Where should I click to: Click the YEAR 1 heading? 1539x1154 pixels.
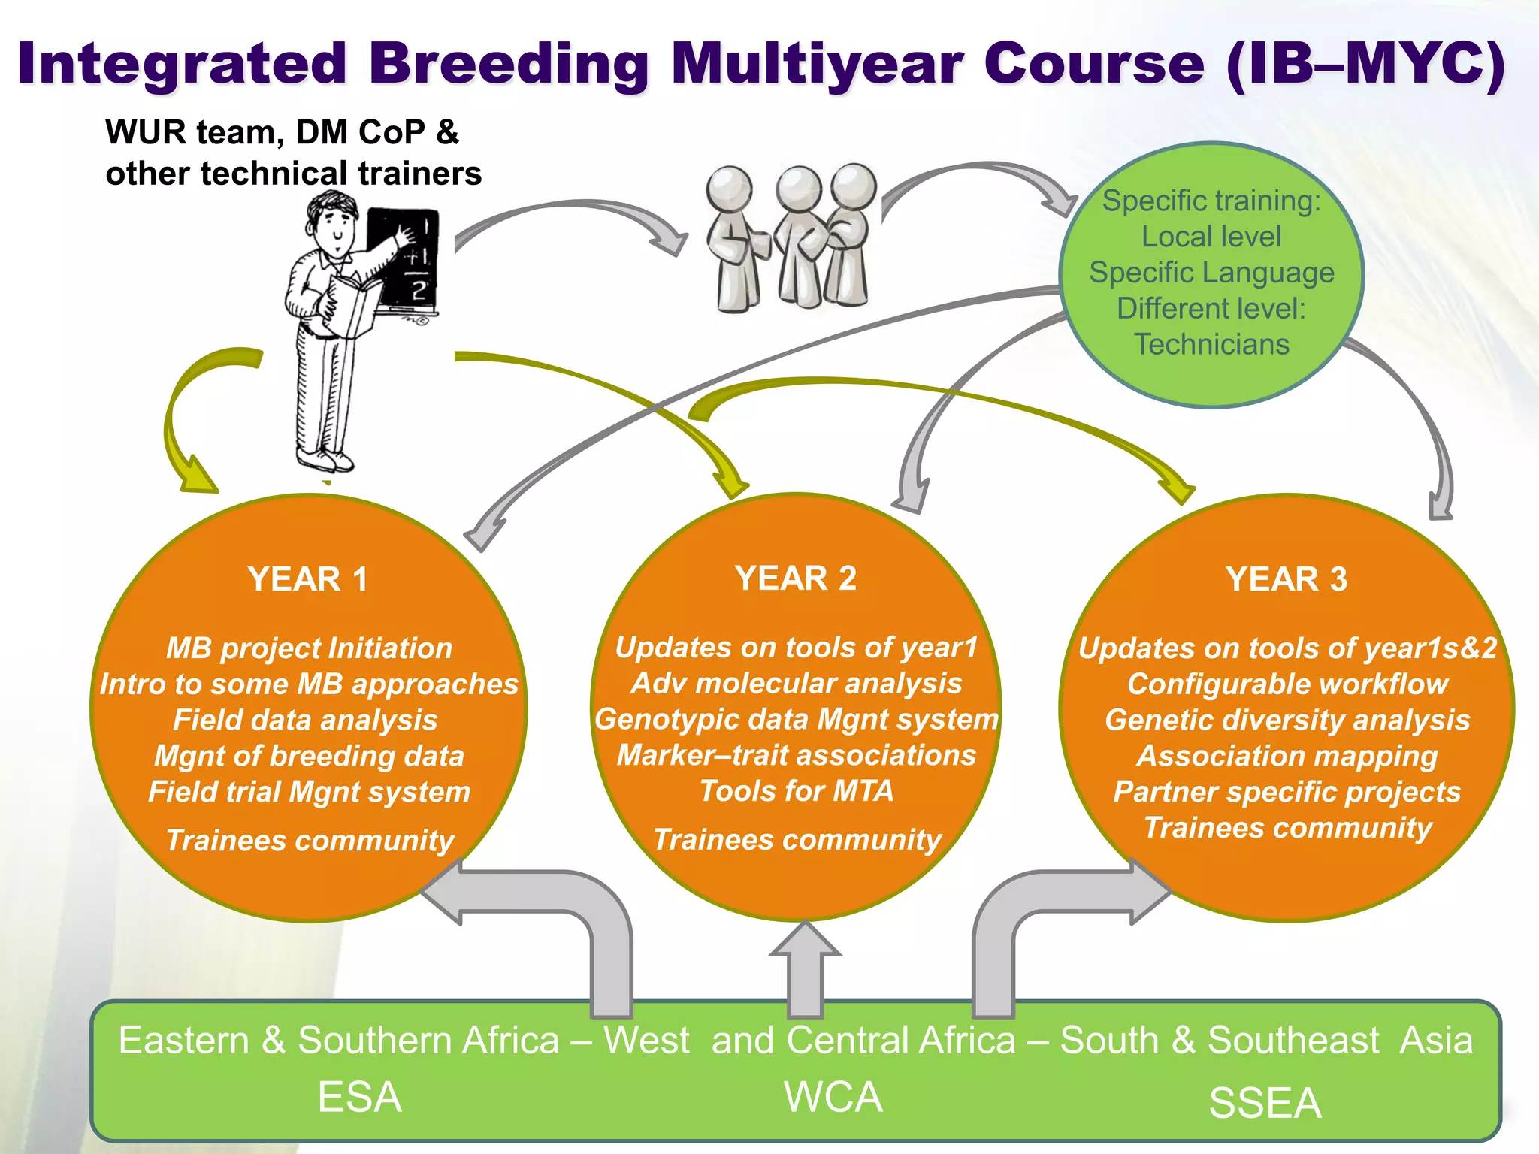tap(307, 579)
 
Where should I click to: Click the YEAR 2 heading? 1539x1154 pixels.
tap(796, 579)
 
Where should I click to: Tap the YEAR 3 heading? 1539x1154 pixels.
tap(1287, 579)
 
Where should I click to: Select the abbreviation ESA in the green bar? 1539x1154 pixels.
tap(359, 1098)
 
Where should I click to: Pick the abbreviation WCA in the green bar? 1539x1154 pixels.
tap(833, 1098)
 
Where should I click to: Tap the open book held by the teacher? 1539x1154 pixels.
tap(349, 304)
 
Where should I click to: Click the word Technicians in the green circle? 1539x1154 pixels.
tap(1211, 344)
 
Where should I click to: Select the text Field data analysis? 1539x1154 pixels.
tap(305, 720)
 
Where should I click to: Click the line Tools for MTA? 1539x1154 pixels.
tap(796, 791)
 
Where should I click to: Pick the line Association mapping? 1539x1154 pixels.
tap(1287, 756)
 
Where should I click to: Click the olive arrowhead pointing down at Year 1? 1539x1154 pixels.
tap(197, 477)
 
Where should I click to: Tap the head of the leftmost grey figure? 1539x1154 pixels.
tap(729, 187)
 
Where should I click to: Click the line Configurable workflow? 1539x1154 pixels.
tap(1287, 684)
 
